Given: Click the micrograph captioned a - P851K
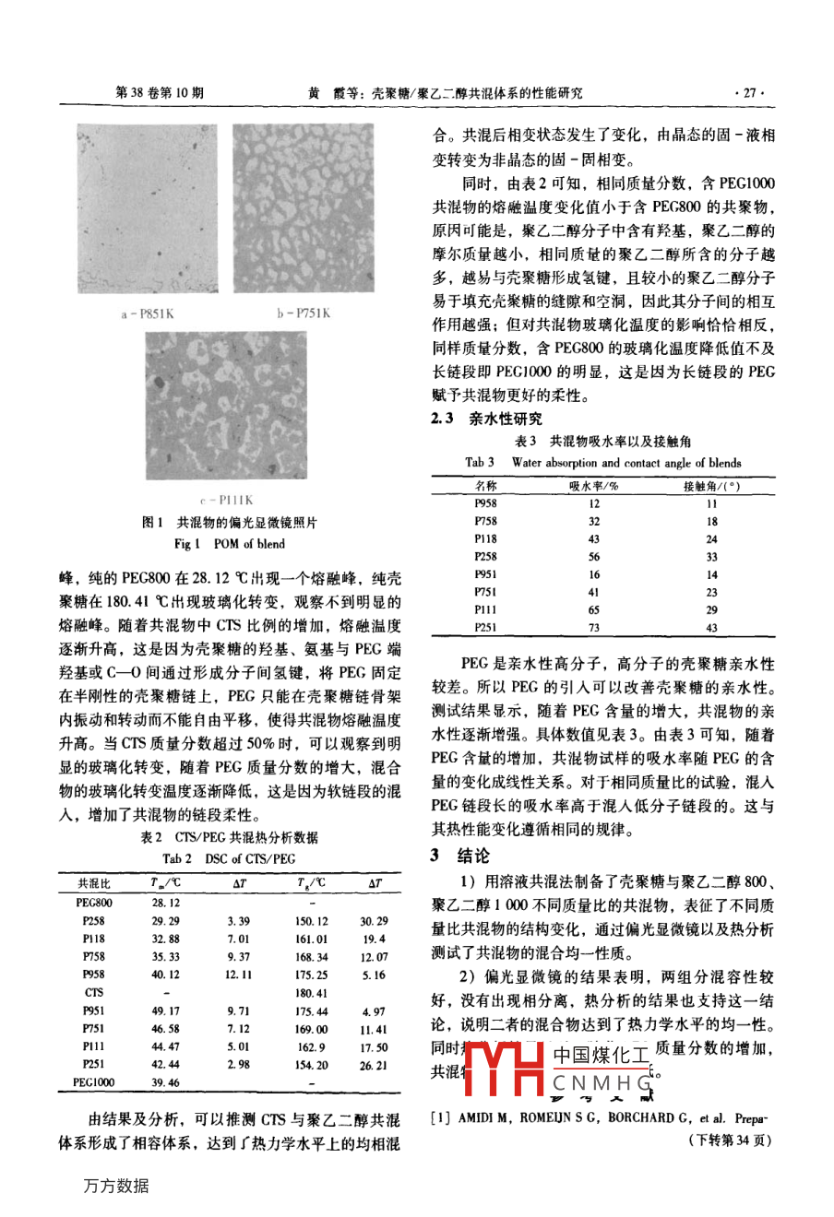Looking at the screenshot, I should point(148,209).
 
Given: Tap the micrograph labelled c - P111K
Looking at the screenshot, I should point(226,407).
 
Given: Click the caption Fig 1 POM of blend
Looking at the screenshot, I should point(230,544).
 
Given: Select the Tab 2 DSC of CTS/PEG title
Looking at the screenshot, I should point(229,858).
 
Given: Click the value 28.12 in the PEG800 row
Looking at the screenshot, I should point(165,903).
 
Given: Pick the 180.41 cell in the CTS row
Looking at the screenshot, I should point(311,993).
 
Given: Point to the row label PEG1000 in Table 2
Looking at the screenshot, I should point(94,1082).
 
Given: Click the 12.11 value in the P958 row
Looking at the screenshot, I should point(238,975).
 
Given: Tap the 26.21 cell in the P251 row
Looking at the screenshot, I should point(374,1065).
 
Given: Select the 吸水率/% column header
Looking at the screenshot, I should point(593,486).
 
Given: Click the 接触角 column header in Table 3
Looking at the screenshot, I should point(711,486).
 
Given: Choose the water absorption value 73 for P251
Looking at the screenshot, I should point(593,628).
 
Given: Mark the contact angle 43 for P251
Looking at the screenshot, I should point(711,628).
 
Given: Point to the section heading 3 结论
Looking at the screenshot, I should point(460,856).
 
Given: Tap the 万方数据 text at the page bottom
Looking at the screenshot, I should point(116,1186).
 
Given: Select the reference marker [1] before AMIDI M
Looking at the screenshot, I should point(441,1118).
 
